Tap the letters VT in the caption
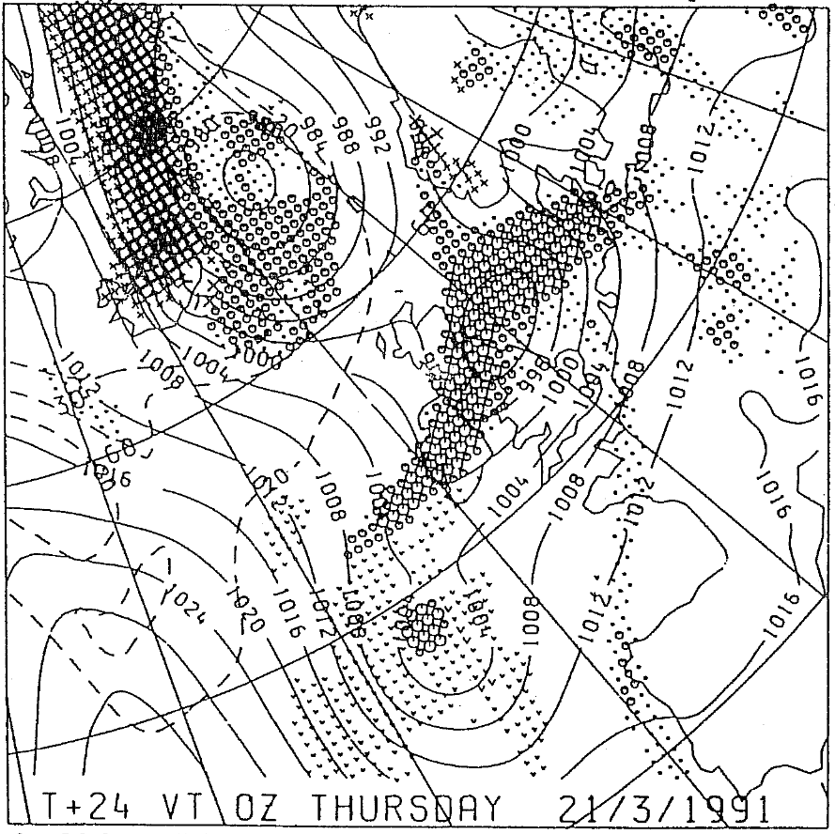[x=192, y=807]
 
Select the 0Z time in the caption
[x=266, y=807]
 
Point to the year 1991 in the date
[x=727, y=807]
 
